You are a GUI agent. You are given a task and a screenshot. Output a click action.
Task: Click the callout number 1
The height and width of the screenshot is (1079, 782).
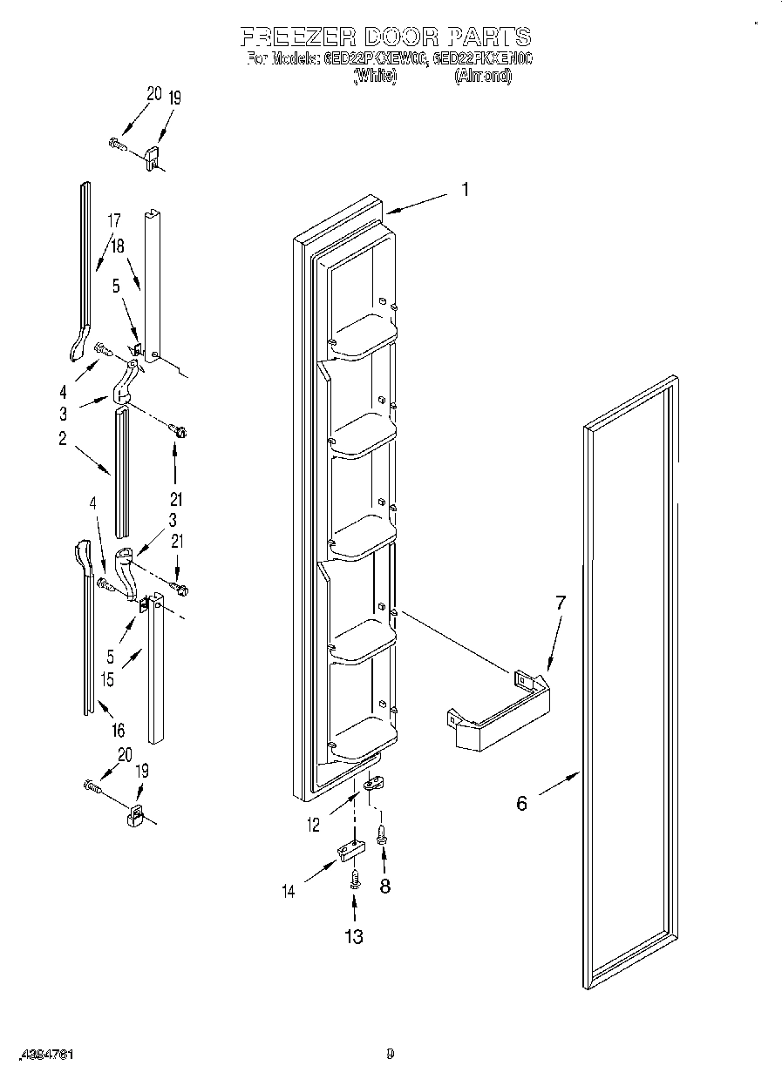[465, 190]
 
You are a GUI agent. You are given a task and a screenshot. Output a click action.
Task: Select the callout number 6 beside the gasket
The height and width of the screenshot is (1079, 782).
[521, 803]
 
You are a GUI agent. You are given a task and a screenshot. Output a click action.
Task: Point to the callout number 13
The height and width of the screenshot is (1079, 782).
[353, 936]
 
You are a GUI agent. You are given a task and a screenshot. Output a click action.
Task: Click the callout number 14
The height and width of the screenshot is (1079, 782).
[289, 890]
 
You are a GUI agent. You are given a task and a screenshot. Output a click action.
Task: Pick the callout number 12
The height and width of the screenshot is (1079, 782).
[314, 824]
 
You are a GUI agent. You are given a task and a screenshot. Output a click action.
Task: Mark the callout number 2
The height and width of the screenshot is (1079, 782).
[63, 439]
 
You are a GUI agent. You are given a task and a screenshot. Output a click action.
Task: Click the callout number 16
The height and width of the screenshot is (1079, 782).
[118, 730]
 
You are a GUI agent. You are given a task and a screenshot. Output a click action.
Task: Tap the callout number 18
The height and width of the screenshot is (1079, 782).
[117, 246]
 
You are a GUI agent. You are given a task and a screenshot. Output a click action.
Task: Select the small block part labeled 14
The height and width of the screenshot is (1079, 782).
[347, 849]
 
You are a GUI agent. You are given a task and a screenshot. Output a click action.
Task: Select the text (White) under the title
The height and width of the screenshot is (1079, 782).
[375, 77]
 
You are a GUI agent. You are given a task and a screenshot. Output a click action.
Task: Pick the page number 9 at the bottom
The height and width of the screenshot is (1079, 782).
[391, 1055]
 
